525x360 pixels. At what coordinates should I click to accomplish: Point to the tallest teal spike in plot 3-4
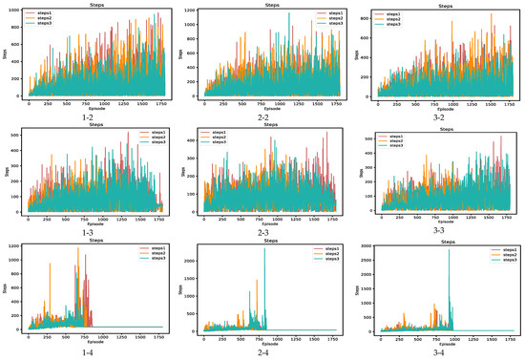449,250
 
